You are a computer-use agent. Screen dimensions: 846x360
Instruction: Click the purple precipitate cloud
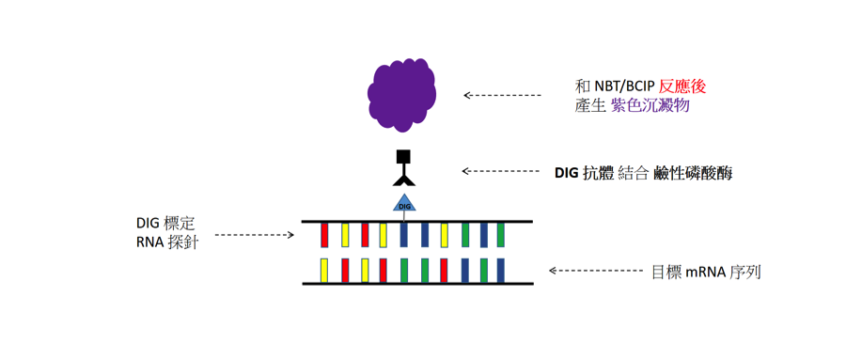[401, 95]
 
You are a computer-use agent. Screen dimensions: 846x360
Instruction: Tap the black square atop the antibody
[404, 157]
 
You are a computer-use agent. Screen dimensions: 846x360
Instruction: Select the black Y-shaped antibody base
[404, 178]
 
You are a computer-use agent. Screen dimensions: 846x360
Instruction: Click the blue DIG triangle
[404, 203]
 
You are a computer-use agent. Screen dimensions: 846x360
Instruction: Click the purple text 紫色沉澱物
[650, 106]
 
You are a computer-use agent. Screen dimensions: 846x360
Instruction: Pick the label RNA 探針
[168, 243]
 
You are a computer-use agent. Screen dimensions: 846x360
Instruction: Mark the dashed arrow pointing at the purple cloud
[502, 96]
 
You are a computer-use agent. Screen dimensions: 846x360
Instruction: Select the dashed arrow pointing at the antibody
[501, 171]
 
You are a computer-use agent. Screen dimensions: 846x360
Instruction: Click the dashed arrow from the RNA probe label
[254, 235]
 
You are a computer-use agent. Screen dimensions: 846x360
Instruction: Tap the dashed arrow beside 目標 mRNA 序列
[595, 270]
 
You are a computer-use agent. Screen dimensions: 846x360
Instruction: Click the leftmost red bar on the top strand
[325, 234]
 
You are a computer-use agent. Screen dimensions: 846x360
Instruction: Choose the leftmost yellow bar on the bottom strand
[324, 271]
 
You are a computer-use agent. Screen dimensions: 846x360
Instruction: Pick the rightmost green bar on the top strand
[501, 234]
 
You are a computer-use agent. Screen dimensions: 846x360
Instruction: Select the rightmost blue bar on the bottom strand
[501, 271]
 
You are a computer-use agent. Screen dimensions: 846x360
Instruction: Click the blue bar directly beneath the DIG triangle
[403, 234]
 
